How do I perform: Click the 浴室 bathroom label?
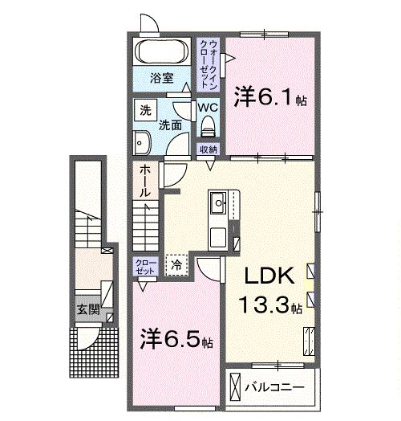[163, 79]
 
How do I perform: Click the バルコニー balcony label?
[275, 387]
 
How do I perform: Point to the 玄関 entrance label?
[88, 309]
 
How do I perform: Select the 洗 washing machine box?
[145, 109]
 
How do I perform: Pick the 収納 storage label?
[209, 149]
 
